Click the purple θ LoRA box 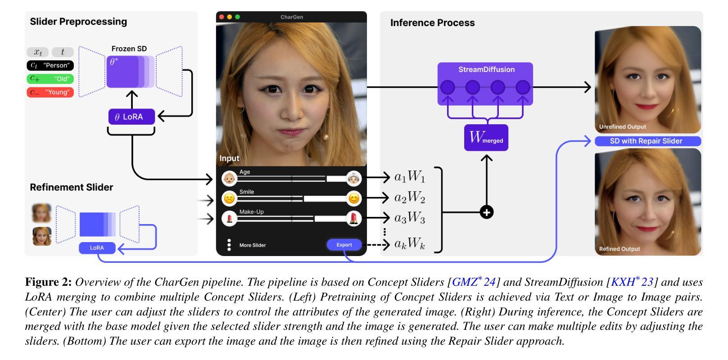tap(131, 117)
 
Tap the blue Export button tap(344, 245)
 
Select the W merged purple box tap(486, 138)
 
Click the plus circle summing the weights tap(487, 212)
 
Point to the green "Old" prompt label tap(50, 79)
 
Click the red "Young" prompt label tap(50, 92)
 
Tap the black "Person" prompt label tap(50, 65)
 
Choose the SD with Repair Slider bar tap(647, 141)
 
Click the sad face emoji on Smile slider tap(230, 198)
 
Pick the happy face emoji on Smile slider tap(354, 198)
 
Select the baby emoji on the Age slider tap(230, 179)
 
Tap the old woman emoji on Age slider tap(354, 179)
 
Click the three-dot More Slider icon tap(229, 245)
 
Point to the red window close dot tap(222, 17)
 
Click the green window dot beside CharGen tap(238, 17)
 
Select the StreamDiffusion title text tap(486, 70)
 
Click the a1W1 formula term tap(410, 177)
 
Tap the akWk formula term tap(410, 244)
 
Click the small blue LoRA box tap(97, 248)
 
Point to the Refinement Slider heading tap(72, 187)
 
